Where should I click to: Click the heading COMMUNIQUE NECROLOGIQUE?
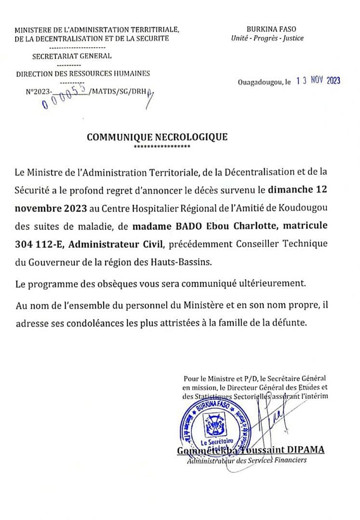pyautogui.click(x=157, y=137)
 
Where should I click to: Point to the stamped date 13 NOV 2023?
pyautogui.click(x=318, y=80)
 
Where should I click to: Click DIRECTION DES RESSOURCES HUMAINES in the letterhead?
pyautogui.click(x=83, y=73)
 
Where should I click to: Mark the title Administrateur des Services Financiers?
pyautogui.click(x=246, y=460)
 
